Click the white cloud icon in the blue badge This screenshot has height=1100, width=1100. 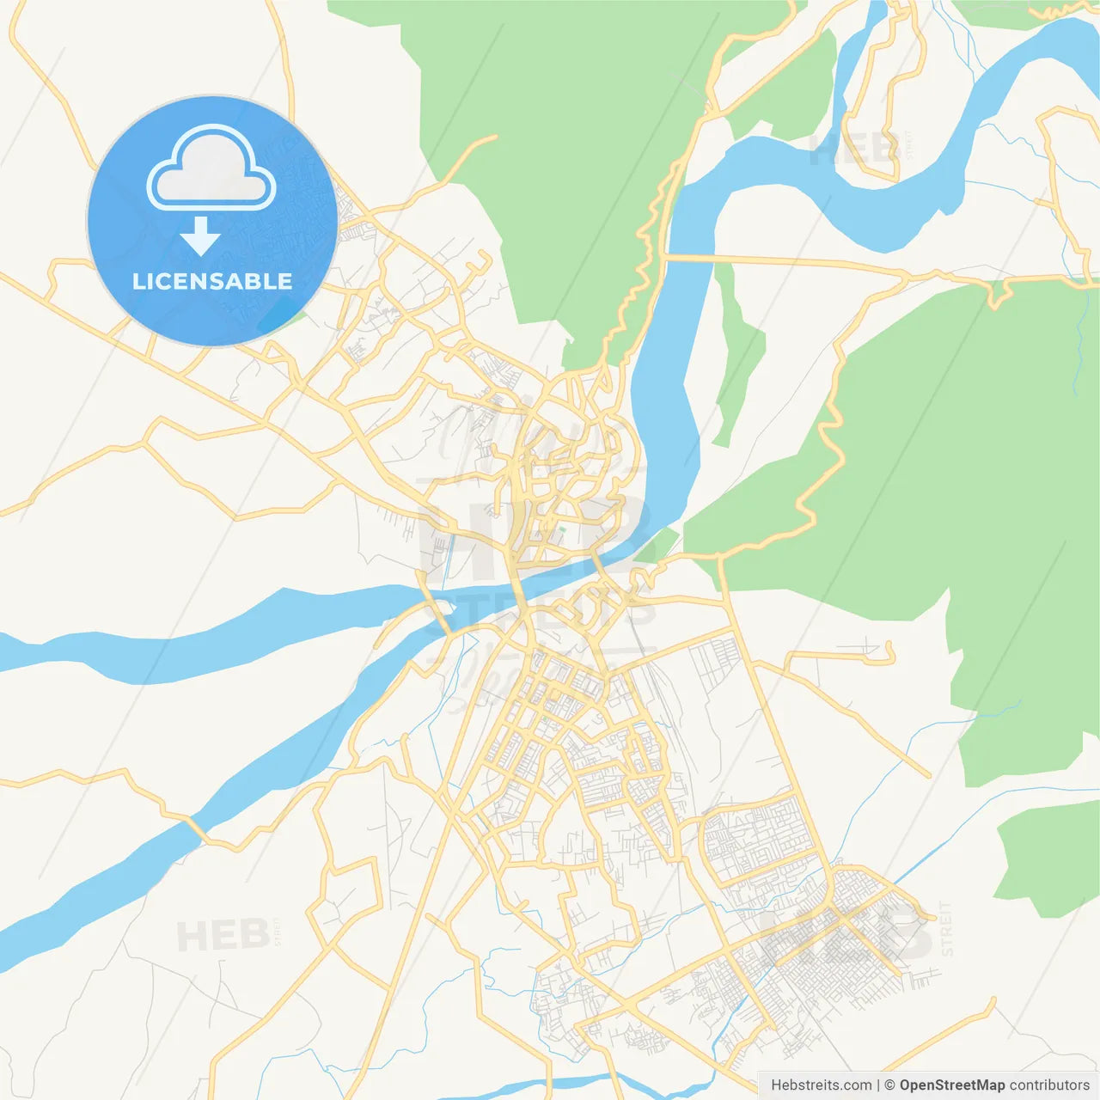click(x=211, y=168)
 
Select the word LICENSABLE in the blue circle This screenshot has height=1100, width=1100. click(x=212, y=281)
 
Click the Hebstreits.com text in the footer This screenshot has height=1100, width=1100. click(x=821, y=1085)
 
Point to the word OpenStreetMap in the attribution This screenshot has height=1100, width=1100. click(x=951, y=1085)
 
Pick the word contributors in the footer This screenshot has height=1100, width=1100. click(x=1049, y=1085)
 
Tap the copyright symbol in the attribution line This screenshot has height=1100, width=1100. click(x=889, y=1085)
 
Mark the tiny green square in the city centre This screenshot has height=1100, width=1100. click(x=562, y=530)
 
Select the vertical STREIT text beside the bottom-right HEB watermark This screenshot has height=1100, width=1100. click(x=946, y=929)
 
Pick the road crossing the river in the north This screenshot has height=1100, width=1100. click(x=687, y=257)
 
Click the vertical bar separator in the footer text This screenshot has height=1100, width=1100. click(x=878, y=1085)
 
